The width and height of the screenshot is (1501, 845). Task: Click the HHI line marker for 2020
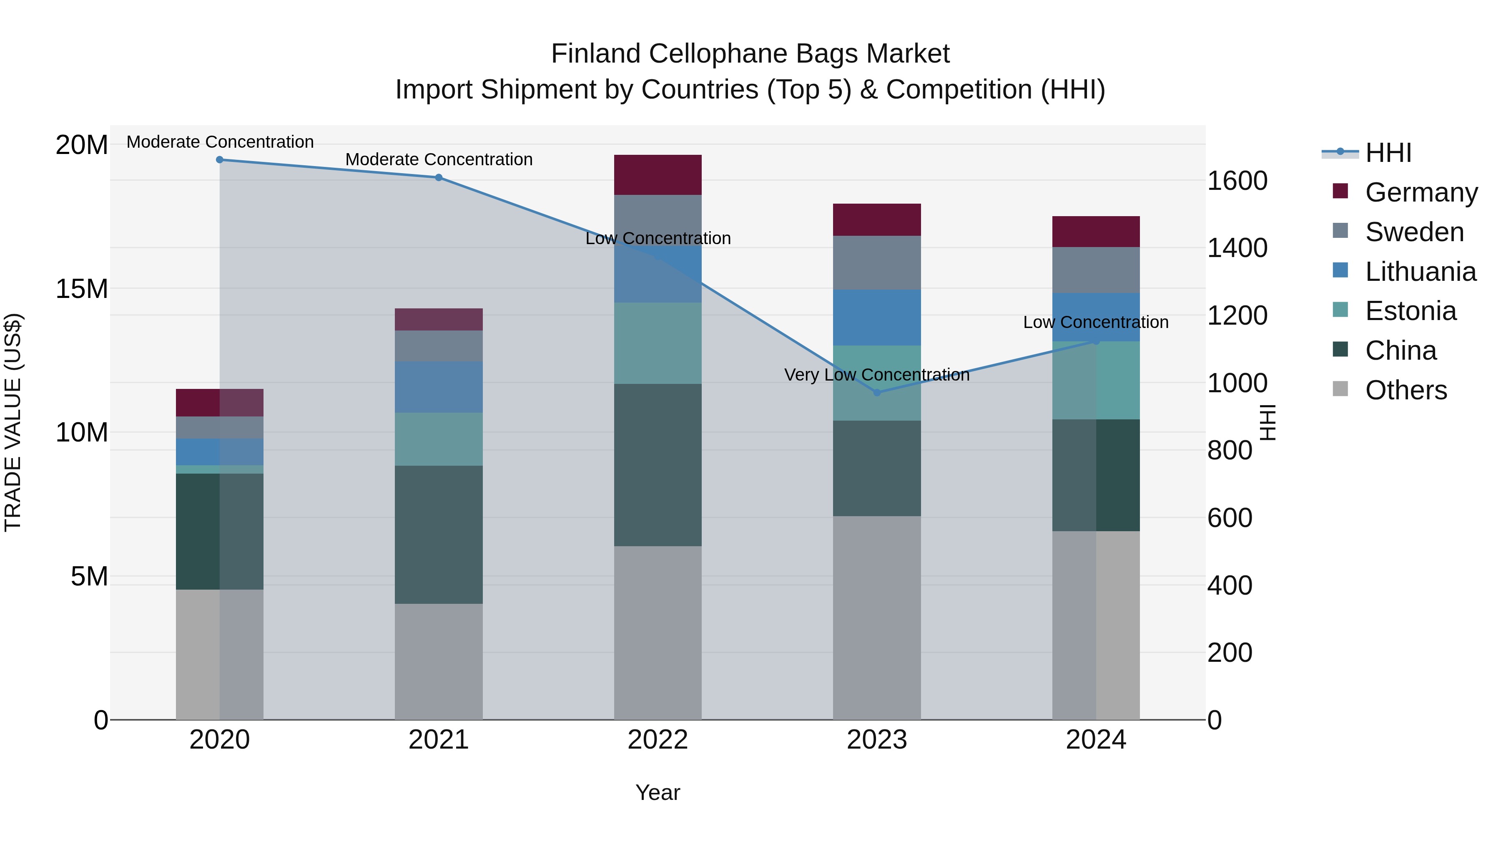click(220, 160)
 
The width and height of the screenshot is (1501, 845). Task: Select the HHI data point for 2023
click(877, 393)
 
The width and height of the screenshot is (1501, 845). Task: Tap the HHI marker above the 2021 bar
click(439, 177)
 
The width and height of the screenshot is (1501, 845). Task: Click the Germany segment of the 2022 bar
click(658, 174)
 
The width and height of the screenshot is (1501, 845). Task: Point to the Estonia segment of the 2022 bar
click(658, 343)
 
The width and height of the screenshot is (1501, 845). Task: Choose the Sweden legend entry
click(1414, 232)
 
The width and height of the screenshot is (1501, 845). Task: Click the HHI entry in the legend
click(1388, 153)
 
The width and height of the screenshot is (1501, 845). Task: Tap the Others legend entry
click(1406, 390)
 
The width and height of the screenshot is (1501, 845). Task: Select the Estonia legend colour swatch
click(1340, 310)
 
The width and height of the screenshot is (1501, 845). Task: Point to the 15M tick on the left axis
click(82, 289)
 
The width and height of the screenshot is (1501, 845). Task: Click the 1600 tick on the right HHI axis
click(1237, 181)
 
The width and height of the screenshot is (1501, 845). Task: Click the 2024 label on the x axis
click(1095, 740)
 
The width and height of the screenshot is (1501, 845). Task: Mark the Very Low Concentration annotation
click(877, 375)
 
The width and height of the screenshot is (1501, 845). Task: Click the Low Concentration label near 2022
click(658, 239)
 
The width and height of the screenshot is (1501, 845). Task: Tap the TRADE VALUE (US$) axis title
click(13, 422)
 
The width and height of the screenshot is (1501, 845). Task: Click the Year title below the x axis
click(658, 792)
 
